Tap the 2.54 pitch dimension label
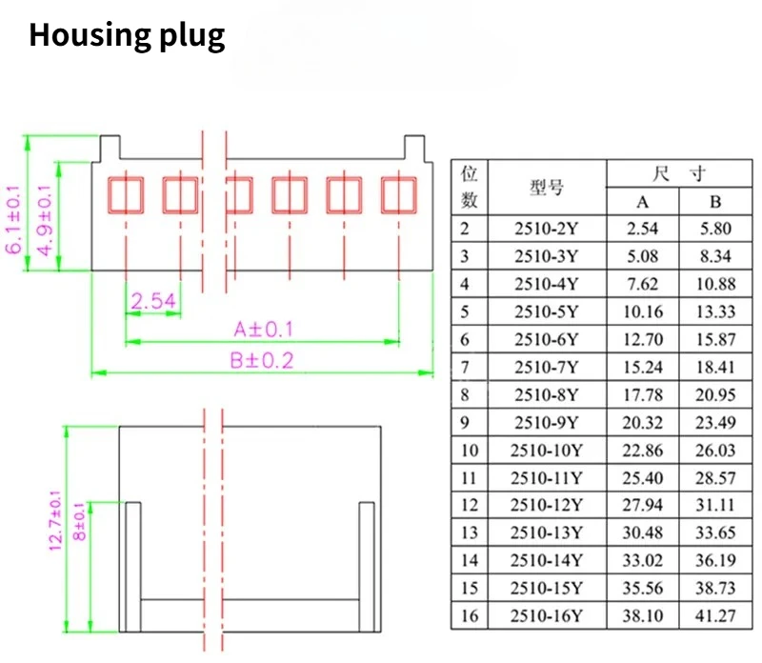(x=153, y=301)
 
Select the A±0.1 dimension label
(x=264, y=329)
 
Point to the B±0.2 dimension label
(x=262, y=361)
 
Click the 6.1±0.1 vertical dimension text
(x=13, y=219)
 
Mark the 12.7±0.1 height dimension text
(x=55, y=520)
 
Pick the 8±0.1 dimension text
(x=79, y=522)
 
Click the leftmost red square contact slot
(x=126, y=195)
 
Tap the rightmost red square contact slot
(x=399, y=195)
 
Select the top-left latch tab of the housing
(x=110, y=148)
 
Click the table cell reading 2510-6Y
(x=547, y=339)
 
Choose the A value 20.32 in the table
(x=642, y=422)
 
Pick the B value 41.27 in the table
(x=715, y=616)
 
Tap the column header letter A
(x=642, y=202)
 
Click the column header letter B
(x=715, y=202)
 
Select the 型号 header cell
(x=547, y=187)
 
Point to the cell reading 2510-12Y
(x=547, y=505)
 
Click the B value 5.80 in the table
(x=715, y=229)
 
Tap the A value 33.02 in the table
(x=642, y=560)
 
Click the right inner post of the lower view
(x=367, y=567)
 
